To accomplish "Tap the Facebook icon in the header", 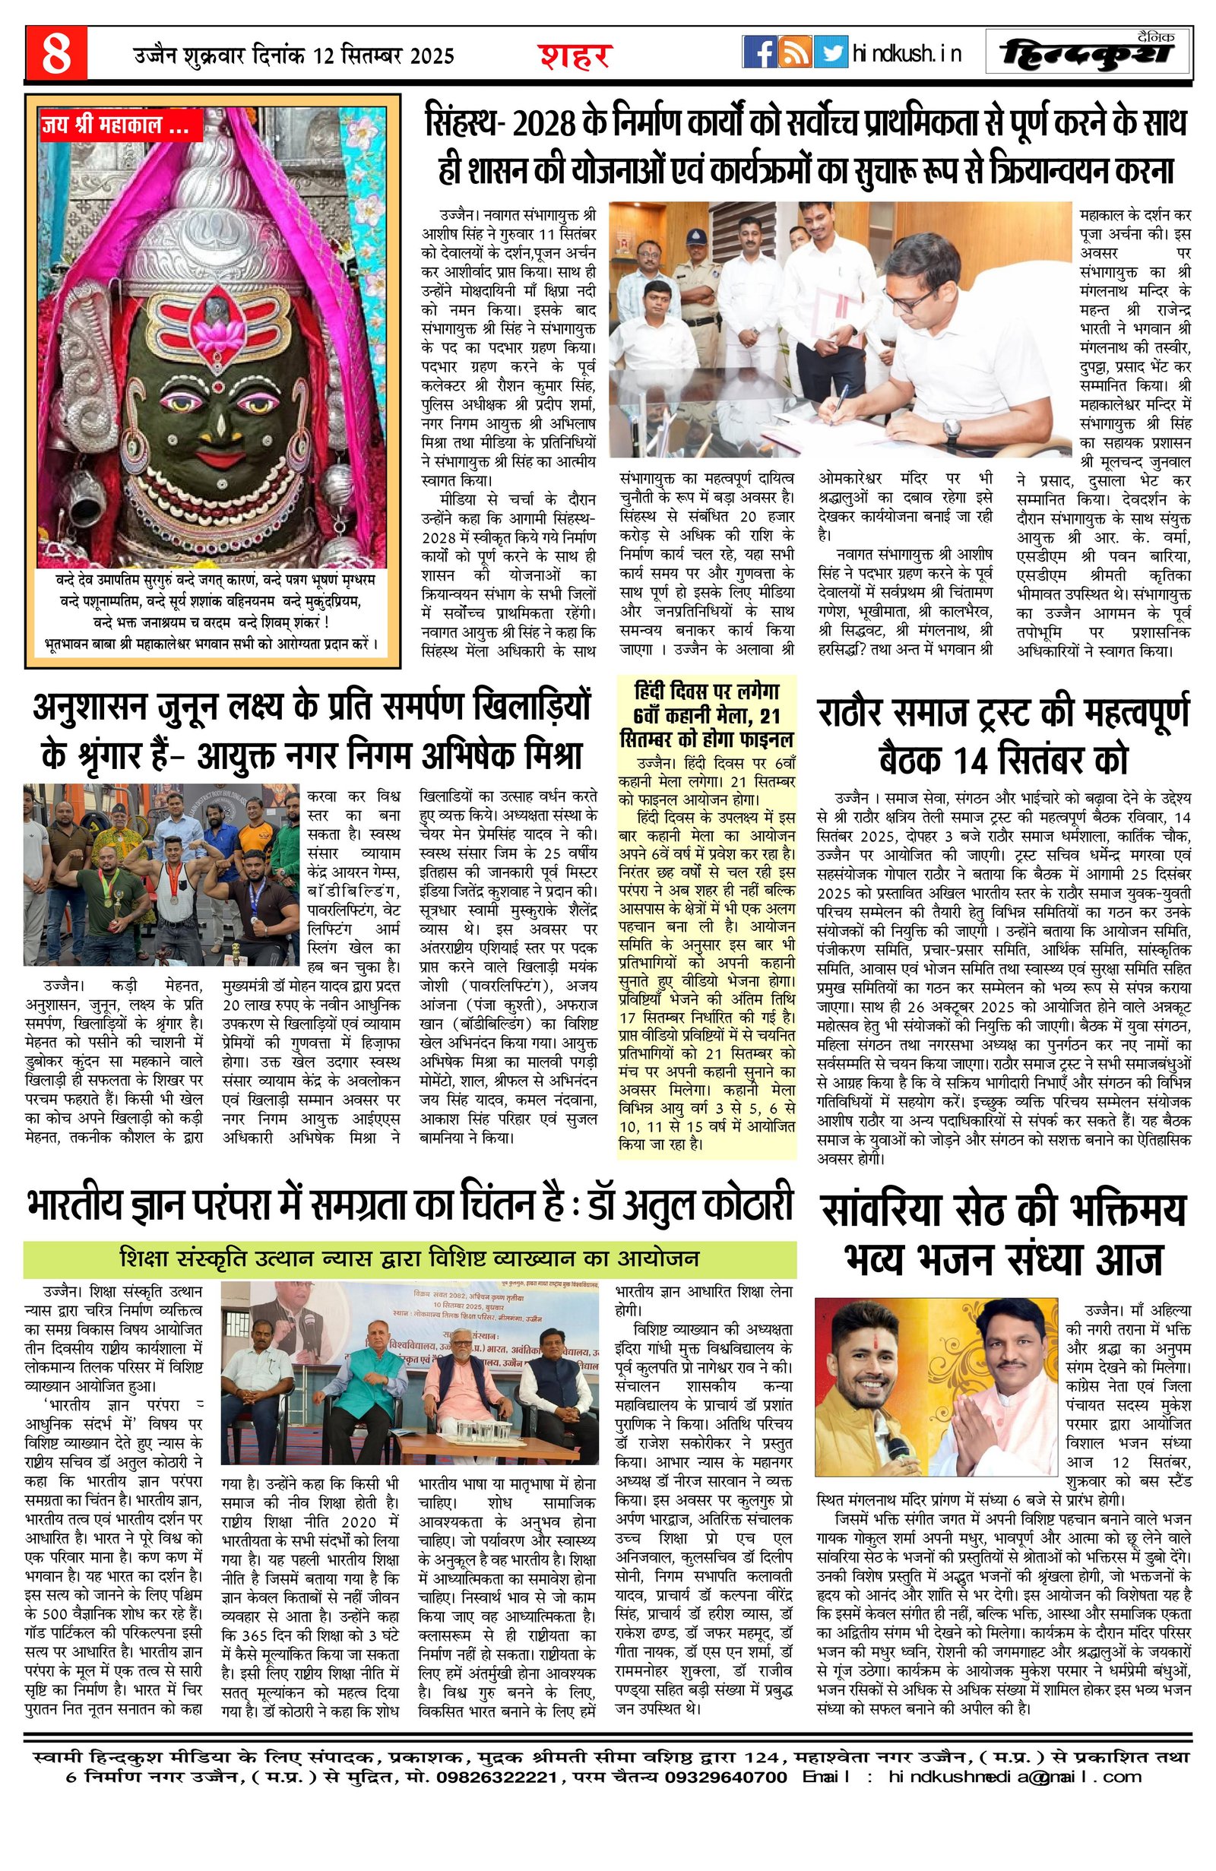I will [x=759, y=52].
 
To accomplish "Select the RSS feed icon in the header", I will [x=796, y=52].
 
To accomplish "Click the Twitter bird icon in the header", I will [x=830, y=52].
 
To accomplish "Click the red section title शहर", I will [x=575, y=55].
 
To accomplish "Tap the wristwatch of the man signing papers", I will [x=952, y=429].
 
